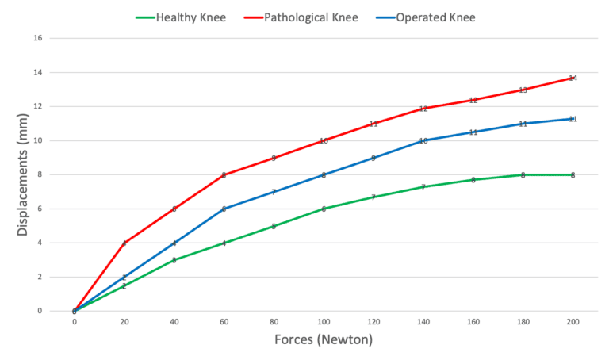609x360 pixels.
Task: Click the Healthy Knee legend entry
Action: pos(190,16)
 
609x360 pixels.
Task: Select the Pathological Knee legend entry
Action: pos(312,16)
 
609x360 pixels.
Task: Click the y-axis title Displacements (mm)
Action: pos(22,174)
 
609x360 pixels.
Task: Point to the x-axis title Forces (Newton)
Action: pos(323,340)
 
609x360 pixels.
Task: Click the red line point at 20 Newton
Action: pos(124,243)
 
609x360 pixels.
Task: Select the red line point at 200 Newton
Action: pos(573,78)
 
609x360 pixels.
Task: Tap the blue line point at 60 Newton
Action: pos(224,209)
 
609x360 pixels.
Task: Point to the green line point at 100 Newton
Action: pos(324,209)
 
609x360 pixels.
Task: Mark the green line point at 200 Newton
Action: pos(573,174)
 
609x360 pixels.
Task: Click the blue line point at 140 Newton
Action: pos(423,140)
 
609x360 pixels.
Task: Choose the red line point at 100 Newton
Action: pos(324,140)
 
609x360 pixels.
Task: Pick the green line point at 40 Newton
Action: pos(174,260)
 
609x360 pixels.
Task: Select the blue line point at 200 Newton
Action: pos(573,119)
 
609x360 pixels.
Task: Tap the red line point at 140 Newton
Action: pos(423,108)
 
